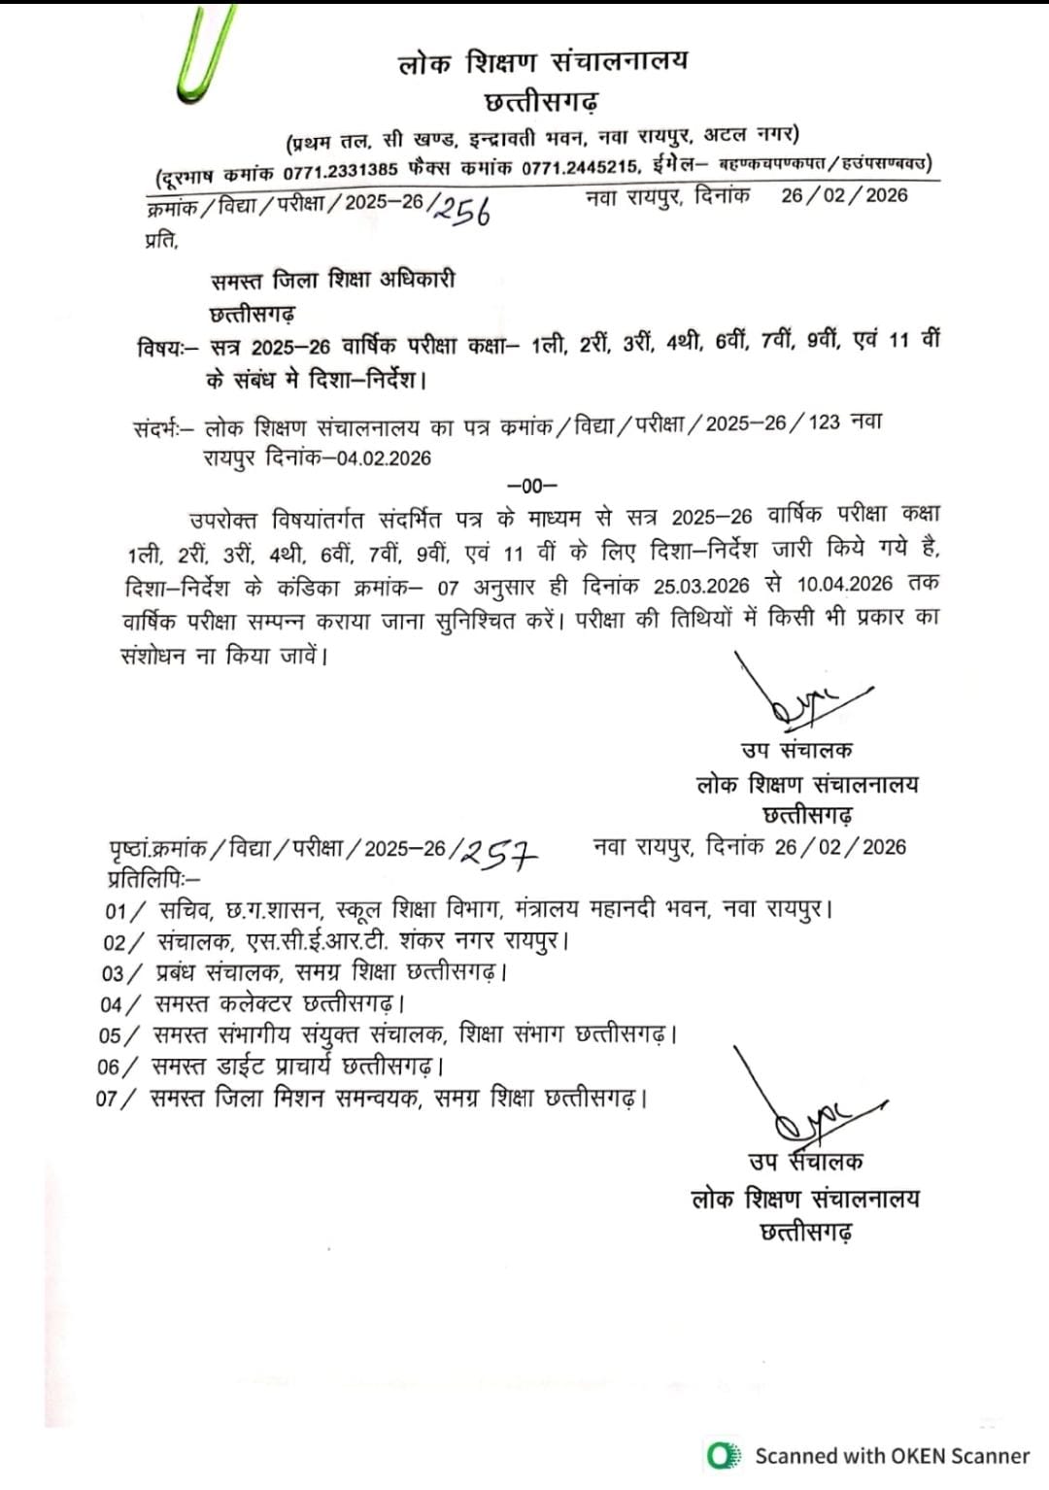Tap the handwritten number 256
click(461, 207)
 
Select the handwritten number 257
click(499, 854)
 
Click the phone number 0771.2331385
click(340, 170)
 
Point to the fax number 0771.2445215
click(580, 168)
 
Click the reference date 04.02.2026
click(384, 458)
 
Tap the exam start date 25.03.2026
click(701, 585)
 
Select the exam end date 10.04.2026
click(844, 584)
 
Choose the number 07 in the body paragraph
click(449, 587)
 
